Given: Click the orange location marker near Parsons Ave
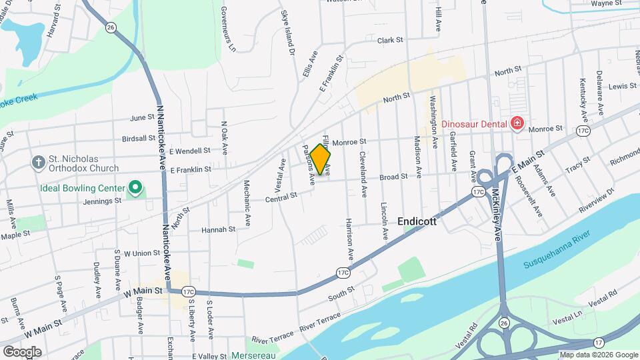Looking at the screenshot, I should [320, 160].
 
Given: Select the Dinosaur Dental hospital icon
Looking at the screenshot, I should [516, 123].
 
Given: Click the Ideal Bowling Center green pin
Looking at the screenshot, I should [136, 187].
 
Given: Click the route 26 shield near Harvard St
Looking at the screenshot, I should [110, 27].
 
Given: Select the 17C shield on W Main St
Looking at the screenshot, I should [188, 291].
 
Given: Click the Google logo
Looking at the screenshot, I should [22, 351].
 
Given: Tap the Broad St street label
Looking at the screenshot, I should [393, 177].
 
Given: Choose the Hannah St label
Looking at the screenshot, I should [223, 229].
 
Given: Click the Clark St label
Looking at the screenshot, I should [390, 41].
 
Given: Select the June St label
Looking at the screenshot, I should [143, 117].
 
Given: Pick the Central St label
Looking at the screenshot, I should [281, 197].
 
